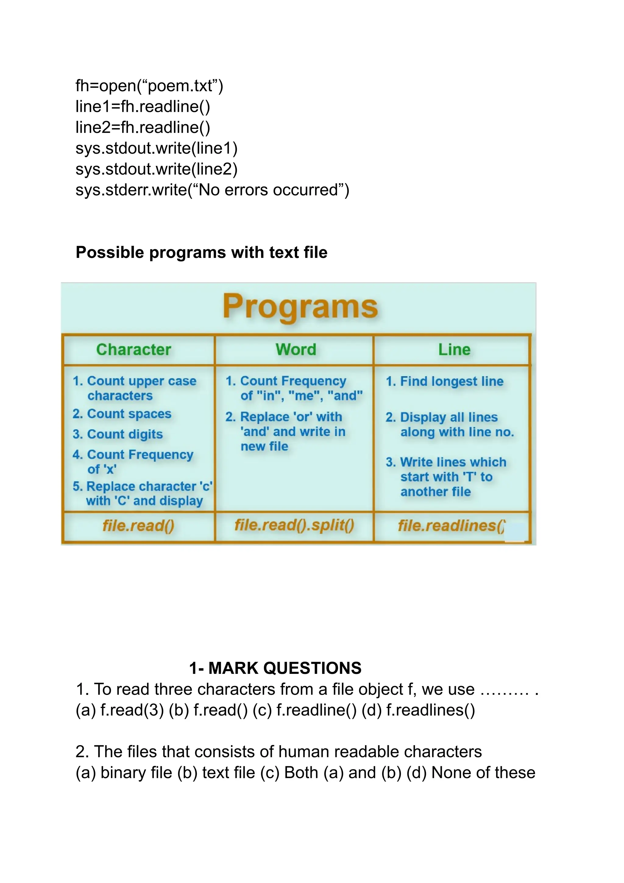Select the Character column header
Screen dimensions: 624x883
[134, 350]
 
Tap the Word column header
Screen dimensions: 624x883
[296, 350]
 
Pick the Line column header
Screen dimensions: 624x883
[454, 350]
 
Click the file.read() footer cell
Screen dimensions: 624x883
[138, 525]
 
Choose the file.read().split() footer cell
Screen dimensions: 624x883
[294, 525]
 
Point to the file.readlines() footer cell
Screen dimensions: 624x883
[452, 525]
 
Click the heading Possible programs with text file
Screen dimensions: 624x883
[201, 253]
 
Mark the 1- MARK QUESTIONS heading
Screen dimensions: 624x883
[275, 668]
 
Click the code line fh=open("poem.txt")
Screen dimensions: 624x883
[149, 86]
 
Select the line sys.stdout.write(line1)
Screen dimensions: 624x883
[156, 148]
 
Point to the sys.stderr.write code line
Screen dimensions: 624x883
[212, 190]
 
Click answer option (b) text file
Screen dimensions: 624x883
[216, 773]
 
